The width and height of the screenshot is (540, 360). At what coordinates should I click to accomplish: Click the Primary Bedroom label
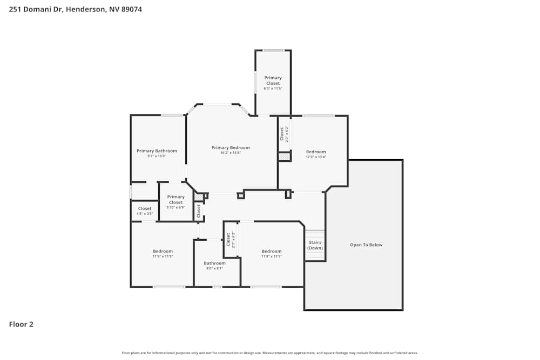click(231, 147)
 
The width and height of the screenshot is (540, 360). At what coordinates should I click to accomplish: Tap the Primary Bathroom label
click(157, 151)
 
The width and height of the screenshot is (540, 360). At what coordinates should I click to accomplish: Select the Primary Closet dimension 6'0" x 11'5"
click(273, 89)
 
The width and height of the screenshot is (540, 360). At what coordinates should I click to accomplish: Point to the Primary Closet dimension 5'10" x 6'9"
click(176, 207)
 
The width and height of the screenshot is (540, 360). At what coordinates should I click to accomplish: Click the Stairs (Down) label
click(315, 245)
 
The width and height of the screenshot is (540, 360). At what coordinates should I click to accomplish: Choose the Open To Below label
click(366, 245)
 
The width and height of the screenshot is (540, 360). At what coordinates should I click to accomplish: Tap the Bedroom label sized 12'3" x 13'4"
click(316, 152)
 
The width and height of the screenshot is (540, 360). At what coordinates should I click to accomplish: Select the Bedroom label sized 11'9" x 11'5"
click(163, 251)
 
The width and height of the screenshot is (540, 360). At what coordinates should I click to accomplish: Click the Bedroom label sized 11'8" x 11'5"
click(272, 251)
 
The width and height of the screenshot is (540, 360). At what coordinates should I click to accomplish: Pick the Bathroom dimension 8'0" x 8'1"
click(214, 268)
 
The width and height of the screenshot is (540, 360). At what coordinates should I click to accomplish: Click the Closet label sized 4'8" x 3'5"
click(145, 208)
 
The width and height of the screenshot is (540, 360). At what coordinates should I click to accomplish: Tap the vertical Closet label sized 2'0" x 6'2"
click(281, 133)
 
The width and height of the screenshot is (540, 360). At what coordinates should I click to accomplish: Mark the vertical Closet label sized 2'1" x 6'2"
click(228, 239)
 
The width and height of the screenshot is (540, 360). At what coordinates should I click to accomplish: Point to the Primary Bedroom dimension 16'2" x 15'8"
click(231, 153)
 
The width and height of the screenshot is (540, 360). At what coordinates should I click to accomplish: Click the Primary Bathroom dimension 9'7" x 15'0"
click(157, 156)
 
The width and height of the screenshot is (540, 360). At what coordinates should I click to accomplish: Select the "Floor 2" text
click(21, 324)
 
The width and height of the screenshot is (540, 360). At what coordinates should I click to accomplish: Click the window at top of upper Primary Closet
click(273, 50)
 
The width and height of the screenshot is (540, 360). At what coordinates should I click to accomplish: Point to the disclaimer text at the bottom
click(270, 353)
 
